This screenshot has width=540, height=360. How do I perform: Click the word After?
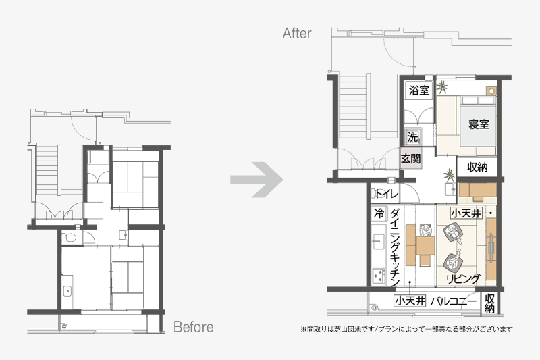coord(297,33)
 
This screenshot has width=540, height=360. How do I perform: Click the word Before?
coord(193,327)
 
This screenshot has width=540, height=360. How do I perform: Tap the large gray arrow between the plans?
coord(257,180)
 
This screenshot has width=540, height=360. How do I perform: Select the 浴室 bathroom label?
coord(418,91)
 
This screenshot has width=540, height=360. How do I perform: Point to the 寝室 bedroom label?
coord(479,124)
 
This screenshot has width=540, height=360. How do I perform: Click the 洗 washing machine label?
coord(412,136)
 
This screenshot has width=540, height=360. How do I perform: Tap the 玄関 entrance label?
coord(411,159)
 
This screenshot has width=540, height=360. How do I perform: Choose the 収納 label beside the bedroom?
coord(477,167)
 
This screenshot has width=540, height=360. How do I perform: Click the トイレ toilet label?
coord(386,194)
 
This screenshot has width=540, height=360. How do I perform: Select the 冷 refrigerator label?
coord(379,213)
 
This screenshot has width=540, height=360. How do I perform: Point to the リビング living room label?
coord(463,278)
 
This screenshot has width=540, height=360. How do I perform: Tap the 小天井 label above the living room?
coord(466,213)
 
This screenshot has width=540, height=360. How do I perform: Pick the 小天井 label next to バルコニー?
coord(410,301)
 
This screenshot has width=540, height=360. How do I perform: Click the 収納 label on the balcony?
coord(489,303)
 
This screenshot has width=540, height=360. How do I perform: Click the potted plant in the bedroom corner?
coord(441,87)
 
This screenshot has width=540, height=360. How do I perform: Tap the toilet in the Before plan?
coord(69,237)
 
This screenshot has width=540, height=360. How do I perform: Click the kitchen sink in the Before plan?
coord(67,291)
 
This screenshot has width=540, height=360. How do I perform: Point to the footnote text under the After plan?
coord(407,330)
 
